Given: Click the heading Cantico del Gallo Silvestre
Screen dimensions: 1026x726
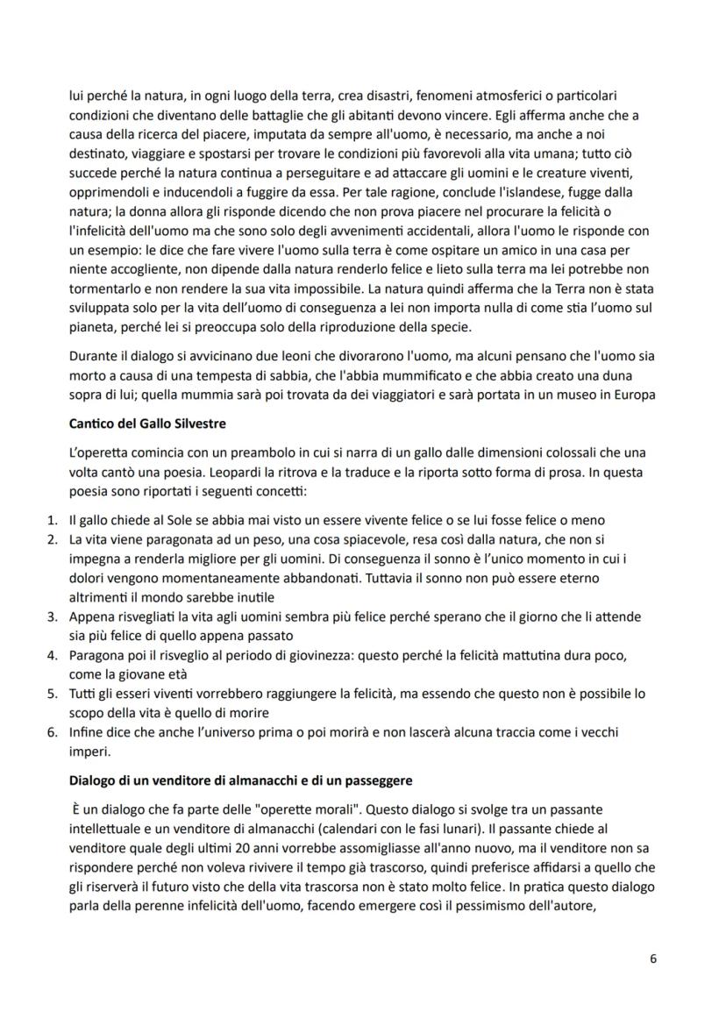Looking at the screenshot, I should tap(147, 423).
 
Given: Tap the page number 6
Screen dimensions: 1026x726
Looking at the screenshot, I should tap(653, 958).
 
